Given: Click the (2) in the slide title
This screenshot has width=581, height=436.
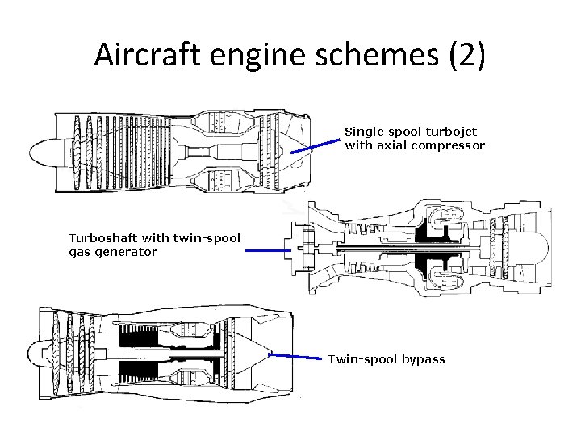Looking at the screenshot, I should (x=466, y=55).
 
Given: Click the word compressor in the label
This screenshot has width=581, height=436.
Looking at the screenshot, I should (x=449, y=145).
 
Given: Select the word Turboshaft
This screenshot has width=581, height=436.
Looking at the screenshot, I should (x=103, y=237).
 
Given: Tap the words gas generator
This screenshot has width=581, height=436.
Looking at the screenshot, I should (x=113, y=252).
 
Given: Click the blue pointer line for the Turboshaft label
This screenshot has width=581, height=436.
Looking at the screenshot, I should (x=268, y=251).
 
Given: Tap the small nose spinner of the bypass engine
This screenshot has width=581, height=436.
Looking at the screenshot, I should (x=34, y=352).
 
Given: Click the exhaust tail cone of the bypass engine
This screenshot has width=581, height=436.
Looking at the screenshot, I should (x=254, y=353).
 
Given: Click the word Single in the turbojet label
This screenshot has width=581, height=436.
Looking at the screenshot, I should (x=363, y=131).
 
